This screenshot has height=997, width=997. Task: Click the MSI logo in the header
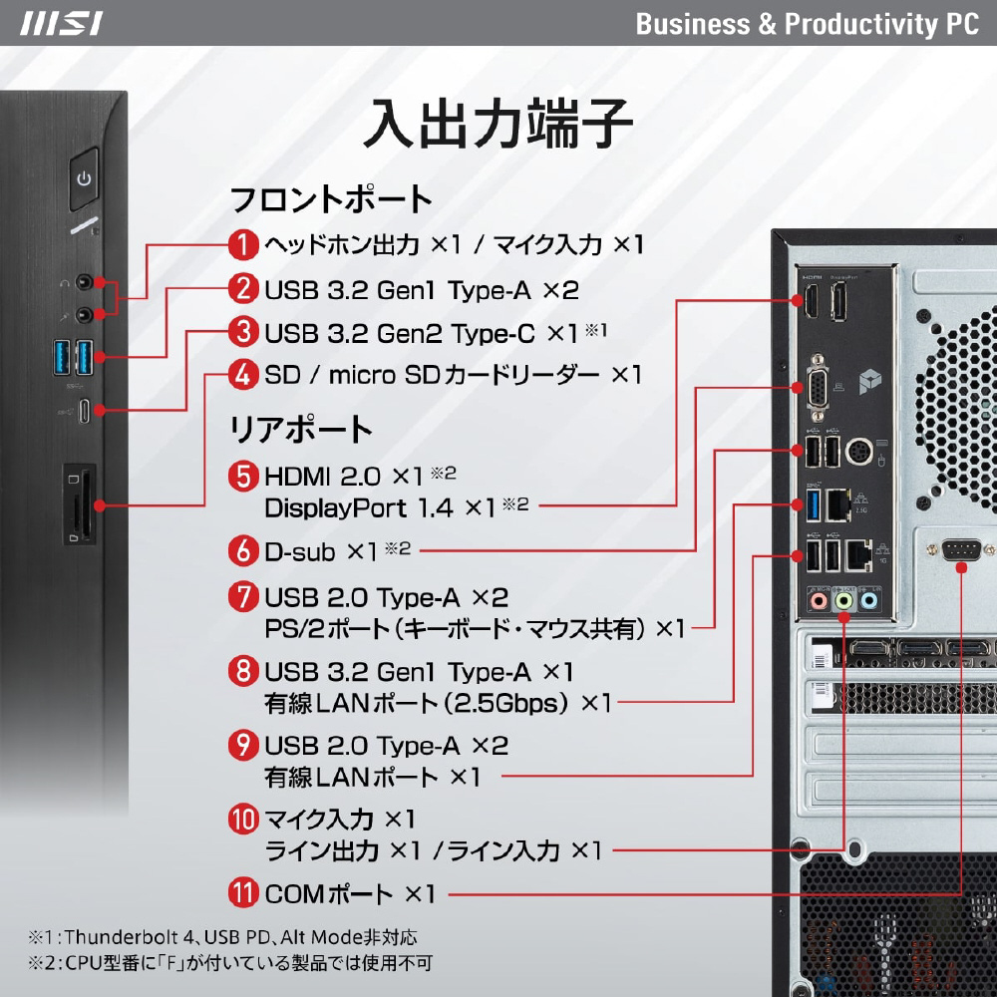click(61, 24)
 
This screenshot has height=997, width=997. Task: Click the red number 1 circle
click(243, 245)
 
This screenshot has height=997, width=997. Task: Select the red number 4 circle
click(243, 375)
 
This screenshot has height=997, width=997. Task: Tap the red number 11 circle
click(243, 893)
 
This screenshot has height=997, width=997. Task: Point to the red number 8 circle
click(243, 671)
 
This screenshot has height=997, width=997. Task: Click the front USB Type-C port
click(84, 411)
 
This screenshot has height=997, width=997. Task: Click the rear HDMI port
click(813, 300)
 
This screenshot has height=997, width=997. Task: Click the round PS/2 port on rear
click(859, 452)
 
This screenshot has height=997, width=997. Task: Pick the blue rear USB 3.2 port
click(813, 505)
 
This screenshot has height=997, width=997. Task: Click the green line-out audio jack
click(843, 600)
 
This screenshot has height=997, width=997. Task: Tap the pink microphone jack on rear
click(819, 600)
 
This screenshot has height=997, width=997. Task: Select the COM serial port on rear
click(961, 549)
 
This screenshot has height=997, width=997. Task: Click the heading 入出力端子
click(498, 124)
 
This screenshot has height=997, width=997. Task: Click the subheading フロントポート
click(331, 199)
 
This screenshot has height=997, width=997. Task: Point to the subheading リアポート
click(301, 429)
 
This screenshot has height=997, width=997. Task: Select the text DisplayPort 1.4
click(359, 508)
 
